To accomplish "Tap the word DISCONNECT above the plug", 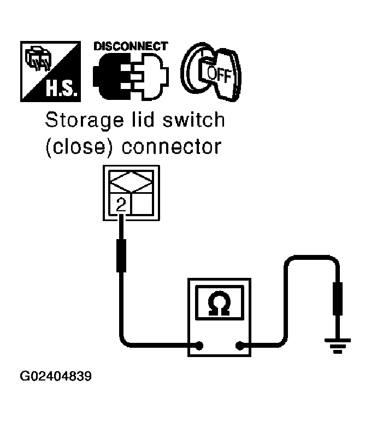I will coord(131,47).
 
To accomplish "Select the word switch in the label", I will coord(192,120).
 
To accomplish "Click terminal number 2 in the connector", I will coord(121,205).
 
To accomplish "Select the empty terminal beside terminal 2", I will coord(144,205).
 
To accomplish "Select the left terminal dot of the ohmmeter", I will coord(200,345).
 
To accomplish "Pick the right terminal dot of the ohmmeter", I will coord(239,345).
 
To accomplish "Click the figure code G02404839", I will coord(56,377).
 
